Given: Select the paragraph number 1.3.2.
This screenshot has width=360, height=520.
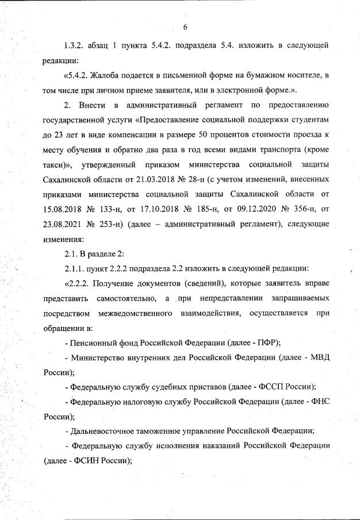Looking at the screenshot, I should tap(75, 45).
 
